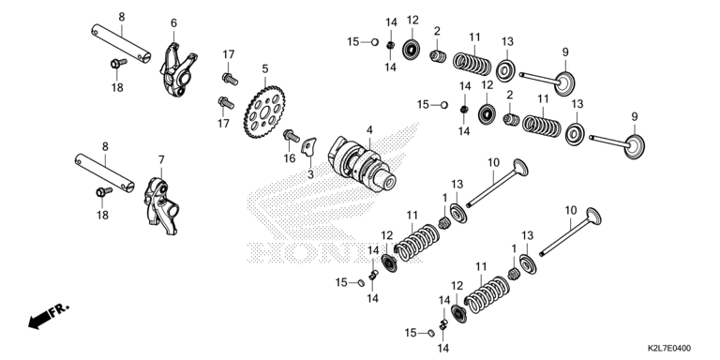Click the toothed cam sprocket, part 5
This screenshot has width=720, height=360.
pos(264,112)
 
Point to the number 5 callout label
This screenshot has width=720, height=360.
pos(265,68)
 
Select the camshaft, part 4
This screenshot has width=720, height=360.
pos(361,164)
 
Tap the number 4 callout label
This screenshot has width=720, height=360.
pos(369,129)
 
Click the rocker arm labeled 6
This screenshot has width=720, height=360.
pos(178,69)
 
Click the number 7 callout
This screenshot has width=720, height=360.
pos(161,159)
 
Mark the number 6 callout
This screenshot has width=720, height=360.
pos(173,22)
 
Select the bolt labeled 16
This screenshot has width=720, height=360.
pos(292,135)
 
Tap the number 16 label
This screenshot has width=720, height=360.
pos(290,158)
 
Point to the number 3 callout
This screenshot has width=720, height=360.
pos(310,174)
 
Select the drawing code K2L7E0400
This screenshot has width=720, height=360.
pos(669,349)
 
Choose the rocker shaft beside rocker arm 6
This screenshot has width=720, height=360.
pos(121,44)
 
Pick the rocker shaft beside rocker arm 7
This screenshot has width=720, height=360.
pos(105,173)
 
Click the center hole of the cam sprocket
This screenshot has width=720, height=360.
pos(264,112)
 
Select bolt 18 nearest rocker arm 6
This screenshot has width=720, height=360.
pos(118,63)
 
